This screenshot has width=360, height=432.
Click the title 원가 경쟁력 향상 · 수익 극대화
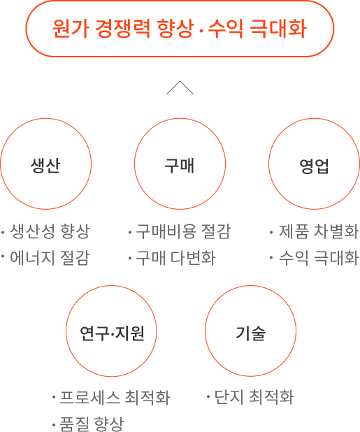(180, 29)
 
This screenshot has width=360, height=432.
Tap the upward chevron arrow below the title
(180, 87)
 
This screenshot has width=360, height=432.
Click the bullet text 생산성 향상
(50, 231)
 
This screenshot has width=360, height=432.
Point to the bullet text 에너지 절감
(50, 258)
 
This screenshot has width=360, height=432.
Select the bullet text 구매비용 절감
(183, 231)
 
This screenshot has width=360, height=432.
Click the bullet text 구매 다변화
(175, 258)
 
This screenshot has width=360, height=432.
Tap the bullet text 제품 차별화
(319, 231)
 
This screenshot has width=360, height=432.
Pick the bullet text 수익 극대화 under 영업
(319, 258)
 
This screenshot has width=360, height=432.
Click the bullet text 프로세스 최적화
(115, 398)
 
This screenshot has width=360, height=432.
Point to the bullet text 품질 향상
(92, 424)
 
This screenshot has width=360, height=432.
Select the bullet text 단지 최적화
(254, 397)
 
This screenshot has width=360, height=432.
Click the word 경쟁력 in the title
(123, 29)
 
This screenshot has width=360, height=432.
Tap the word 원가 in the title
(71, 29)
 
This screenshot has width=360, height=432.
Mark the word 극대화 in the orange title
(278, 29)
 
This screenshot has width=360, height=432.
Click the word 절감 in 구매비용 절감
(216, 231)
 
